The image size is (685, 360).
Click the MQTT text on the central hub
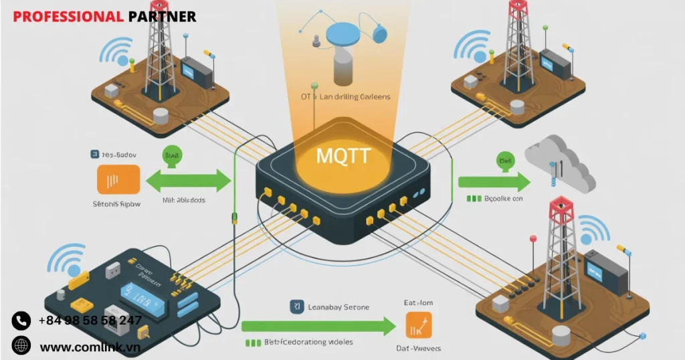click(x=342, y=157)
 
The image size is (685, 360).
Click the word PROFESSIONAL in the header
click(x=68, y=16)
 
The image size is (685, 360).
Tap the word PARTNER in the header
click(x=162, y=16)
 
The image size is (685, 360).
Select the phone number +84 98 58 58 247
click(x=90, y=321)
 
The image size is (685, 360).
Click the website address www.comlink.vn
click(x=90, y=347)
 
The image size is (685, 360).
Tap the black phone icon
click(x=21, y=321)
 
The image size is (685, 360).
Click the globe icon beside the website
click(x=21, y=346)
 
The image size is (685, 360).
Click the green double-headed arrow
click(x=188, y=180)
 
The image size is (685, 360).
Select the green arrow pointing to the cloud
click(x=493, y=181)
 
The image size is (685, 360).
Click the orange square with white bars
click(x=118, y=179)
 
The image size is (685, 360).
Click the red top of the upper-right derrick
click(x=518, y=7)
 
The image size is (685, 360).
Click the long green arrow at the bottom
click(x=318, y=327)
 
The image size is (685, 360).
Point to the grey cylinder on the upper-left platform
click(x=160, y=116)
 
